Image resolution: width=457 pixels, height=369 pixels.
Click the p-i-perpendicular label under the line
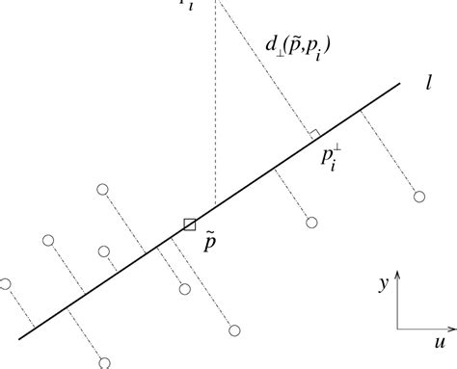pyautogui.click(x=331, y=160)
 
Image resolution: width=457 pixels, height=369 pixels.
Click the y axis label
pyautogui.click(x=384, y=283)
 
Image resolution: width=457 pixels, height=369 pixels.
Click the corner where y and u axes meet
pyautogui.click(x=399, y=329)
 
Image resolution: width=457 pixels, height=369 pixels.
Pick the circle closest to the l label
pyautogui.click(x=418, y=197)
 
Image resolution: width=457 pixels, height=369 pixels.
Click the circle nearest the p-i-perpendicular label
pyautogui.click(x=311, y=223)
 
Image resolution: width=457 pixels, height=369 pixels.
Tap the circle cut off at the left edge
pyautogui.click(x=5, y=283)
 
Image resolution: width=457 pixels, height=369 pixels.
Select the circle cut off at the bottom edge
pyautogui.click(x=104, y=363)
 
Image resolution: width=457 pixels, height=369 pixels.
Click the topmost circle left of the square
pyautogui.click(x=102, y=190)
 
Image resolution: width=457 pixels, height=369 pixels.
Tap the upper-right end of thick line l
pyautogui.click(x=399, y=84)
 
